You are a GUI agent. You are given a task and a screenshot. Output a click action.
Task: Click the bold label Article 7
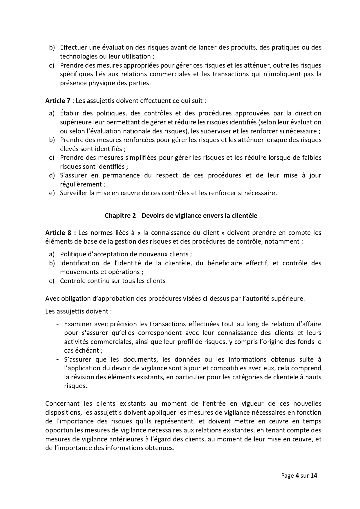pos(58,101)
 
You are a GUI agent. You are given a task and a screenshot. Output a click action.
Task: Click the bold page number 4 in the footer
pos(297,476)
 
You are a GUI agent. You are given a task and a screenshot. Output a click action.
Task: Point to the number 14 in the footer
pos(314,476)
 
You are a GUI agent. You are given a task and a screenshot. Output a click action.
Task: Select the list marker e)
pos(52,193)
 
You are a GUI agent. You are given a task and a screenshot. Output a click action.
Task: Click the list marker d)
pos(52,175)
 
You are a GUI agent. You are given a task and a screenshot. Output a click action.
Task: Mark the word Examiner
pos(78,324)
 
